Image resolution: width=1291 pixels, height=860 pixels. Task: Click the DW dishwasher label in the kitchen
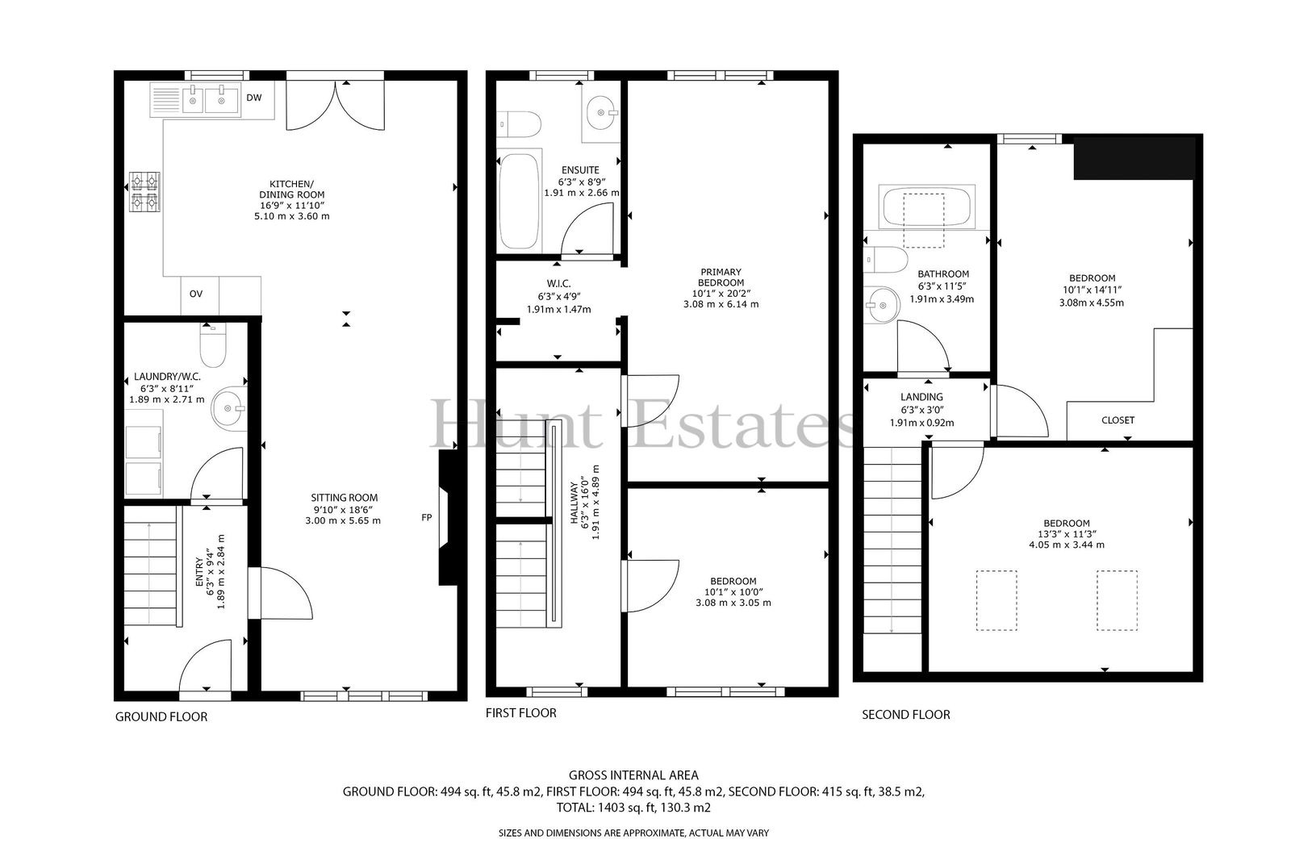pos(254,98)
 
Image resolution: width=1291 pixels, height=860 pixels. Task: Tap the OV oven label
pos(196,294)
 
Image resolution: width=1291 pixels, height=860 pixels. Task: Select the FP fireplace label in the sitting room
pos(427,518)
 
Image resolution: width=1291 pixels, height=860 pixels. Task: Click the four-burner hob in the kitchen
pos(144,192)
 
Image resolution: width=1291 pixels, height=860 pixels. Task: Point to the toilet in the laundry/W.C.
pos(213,344)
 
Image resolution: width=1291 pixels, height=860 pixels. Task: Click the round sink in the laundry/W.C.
pos(229,408)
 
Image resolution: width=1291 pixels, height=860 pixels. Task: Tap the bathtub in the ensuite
pos(520,201)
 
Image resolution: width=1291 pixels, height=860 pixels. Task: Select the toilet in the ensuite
pos(519,124)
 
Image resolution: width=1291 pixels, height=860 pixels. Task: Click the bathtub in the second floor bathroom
pos(926,207)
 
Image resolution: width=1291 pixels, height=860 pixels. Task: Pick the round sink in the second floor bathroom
pos(881,304)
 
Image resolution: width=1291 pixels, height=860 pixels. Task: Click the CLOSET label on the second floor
pos(1118,421)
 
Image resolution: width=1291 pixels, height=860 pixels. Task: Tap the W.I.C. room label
pos(558,284)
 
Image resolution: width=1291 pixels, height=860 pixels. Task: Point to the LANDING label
pos(921,397)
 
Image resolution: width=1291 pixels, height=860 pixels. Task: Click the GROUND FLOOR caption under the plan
pos(161,717)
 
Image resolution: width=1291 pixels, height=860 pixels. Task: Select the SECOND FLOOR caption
pos(906,715)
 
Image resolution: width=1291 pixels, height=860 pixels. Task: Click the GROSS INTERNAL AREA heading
pos(633,775)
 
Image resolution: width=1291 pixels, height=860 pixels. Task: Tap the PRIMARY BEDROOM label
pos(721,278)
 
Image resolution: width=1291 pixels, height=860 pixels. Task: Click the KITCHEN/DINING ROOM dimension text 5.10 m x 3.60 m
pos(291,217)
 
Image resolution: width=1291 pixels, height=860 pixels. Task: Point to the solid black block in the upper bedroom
pos(1134,158)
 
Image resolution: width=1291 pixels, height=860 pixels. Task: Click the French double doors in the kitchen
pos(336,104)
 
